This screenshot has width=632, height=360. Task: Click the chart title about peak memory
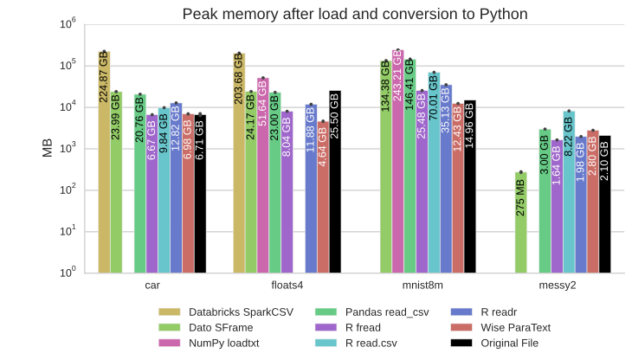(x=354, y=14)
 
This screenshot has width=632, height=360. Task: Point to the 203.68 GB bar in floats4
(x=240, y=164)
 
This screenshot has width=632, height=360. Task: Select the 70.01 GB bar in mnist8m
(x=434, y=173)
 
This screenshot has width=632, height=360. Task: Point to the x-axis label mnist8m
(x=416, y=285)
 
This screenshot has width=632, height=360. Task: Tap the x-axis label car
(x=152, y=285)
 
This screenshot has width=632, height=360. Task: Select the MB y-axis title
(x=48, y=148)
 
